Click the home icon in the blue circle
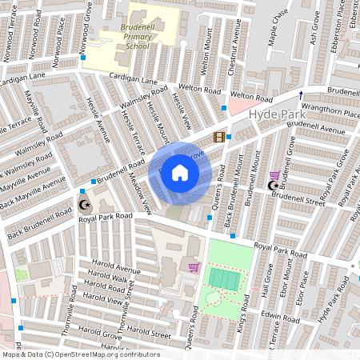[x=180, y=172]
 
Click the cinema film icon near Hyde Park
[x=218, y=136]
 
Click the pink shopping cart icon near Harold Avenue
[x=193, y=266]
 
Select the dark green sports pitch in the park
[x=224, y=278]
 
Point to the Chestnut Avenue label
[x=235, y=57]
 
